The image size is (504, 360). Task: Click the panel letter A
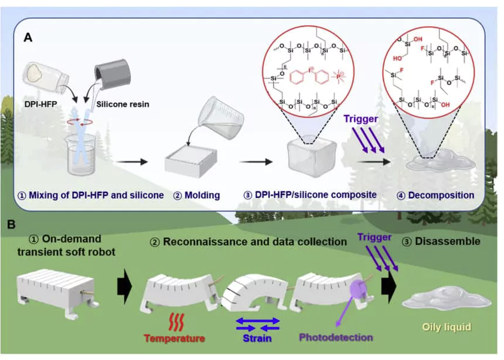28,38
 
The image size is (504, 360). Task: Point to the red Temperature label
174,338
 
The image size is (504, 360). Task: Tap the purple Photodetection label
336,338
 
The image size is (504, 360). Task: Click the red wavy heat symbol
174,320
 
